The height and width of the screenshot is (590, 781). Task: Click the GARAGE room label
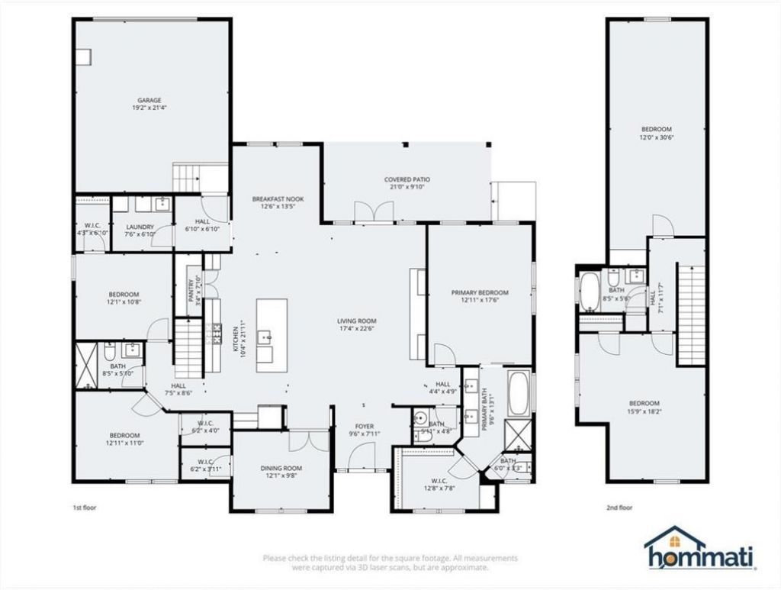pos(149,100)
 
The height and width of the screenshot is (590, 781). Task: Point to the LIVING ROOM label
pos(357,321)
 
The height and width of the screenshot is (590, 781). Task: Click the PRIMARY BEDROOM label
pos(479,292)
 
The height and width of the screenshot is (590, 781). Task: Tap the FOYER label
pos(365,426)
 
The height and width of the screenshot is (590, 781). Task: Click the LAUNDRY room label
pos(140,227)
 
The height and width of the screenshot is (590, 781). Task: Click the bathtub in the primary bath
pos(519,391)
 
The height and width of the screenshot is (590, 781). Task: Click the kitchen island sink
pos(266,334)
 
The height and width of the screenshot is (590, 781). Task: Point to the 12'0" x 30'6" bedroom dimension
pos(657,138)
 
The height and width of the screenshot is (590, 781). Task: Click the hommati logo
pos(699,548)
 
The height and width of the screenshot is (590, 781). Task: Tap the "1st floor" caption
pos(84,507)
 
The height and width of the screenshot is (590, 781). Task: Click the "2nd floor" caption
pos(619,507)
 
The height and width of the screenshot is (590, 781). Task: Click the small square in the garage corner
pos(82,55)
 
